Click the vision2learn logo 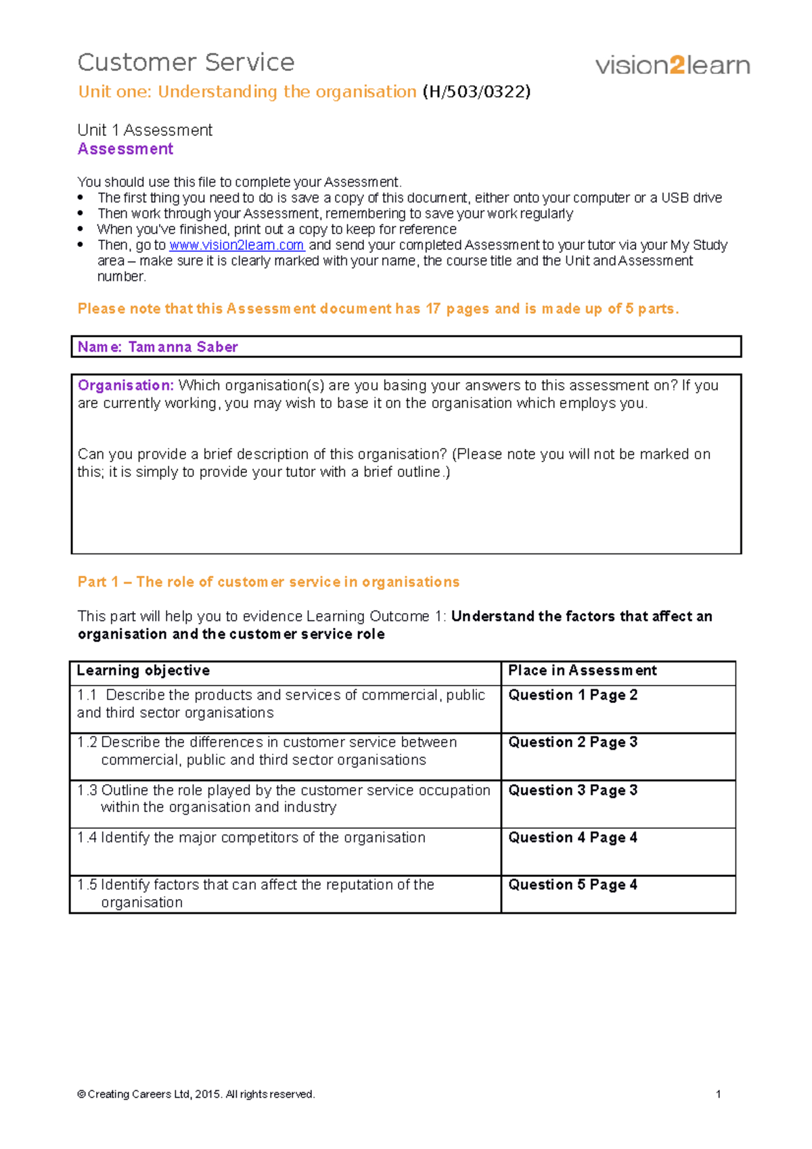pos(673,66)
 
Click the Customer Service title pos(186,62)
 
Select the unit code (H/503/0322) pos(476,91)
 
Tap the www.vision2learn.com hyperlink pos(237,245)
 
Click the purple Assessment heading pos(125,149)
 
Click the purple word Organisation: pos(126,385)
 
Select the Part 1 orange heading pos(268,582)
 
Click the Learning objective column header pos(143,671)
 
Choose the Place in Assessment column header pos(582,671)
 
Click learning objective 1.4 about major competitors pos(251,838)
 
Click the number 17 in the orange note pos(433,309)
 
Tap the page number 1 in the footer pos(718,1094)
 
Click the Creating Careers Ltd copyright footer pos(196,1094)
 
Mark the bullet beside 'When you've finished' pos(81,229)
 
